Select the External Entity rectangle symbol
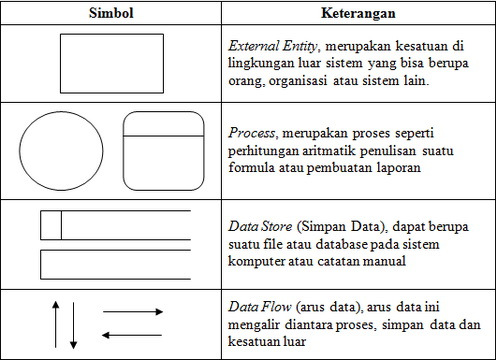pos(104,63)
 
